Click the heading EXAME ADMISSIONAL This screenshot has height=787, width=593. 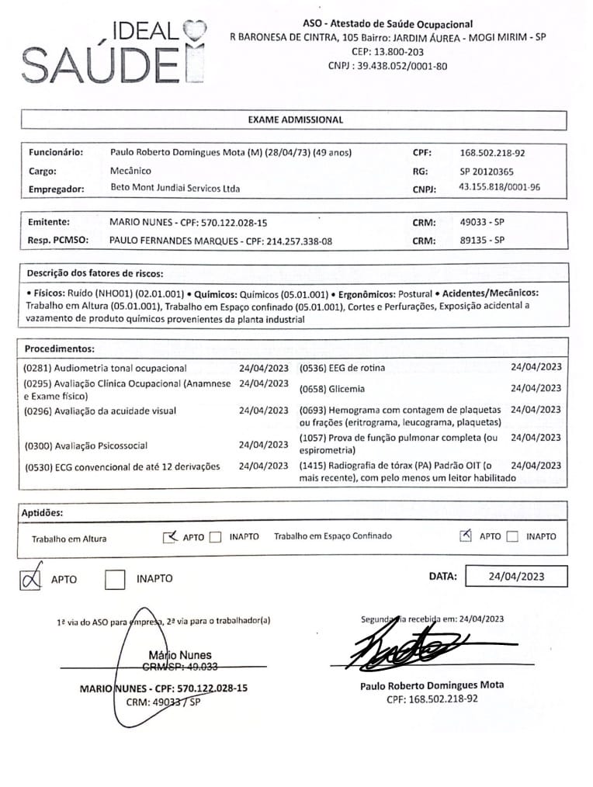(x=295, y=120)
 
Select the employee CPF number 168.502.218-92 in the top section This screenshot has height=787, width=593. (x=492, y=153)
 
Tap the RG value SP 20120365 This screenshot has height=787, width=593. (x=486, y=172)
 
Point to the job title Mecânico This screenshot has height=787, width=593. (x=131, y=171)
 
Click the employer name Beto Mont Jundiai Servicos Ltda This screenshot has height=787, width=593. (x=175, y=189)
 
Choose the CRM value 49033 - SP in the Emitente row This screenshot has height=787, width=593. (x=482, y=222)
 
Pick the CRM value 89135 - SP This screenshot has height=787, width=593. (x=482, y=241)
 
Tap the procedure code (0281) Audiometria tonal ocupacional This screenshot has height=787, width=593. (x=106, y=368)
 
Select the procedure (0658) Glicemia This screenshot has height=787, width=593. (x=331, y=389)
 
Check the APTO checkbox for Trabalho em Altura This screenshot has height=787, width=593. (x=171, y=536)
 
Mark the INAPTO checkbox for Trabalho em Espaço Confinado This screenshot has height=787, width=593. (x=512, y=536)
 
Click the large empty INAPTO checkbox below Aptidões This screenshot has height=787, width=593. (x=115, y=579)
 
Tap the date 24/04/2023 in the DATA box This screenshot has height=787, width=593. (x=516, y=576)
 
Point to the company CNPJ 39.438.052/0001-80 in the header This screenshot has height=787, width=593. (x=388, y=66)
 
